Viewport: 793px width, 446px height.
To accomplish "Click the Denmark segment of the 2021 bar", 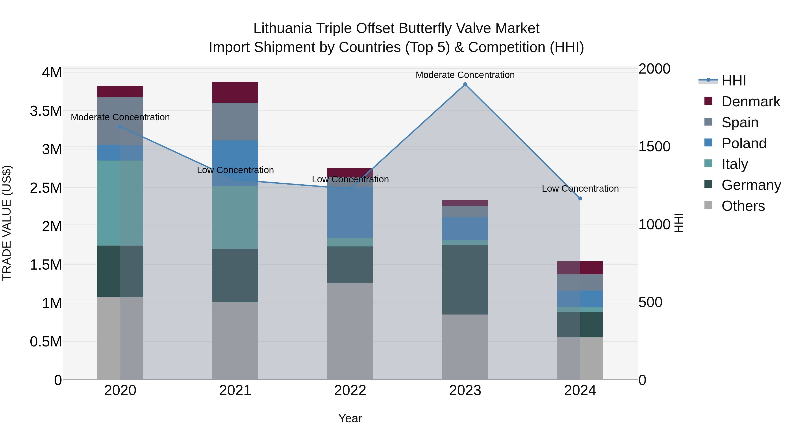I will (235, 92).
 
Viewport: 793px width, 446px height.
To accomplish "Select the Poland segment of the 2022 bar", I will (350, 212).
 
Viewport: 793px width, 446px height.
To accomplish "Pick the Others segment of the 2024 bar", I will (580, 358).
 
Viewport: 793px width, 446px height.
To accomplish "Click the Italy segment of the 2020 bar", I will (120, 203).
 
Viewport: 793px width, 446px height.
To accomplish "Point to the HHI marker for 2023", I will (465, 84).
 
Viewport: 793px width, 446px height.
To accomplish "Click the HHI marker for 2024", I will (580, 198).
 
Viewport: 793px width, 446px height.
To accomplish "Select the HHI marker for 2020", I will (120, 126).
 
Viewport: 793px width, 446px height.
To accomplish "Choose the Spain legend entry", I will (740, 122).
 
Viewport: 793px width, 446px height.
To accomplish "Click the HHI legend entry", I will (734, 81).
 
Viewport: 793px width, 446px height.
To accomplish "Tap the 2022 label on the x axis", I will (350, 390).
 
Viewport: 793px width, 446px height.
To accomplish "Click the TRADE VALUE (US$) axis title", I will (7, 223).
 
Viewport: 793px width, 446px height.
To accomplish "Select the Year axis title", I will (350, 418).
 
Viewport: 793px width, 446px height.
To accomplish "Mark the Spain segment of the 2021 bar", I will (235, 122).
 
